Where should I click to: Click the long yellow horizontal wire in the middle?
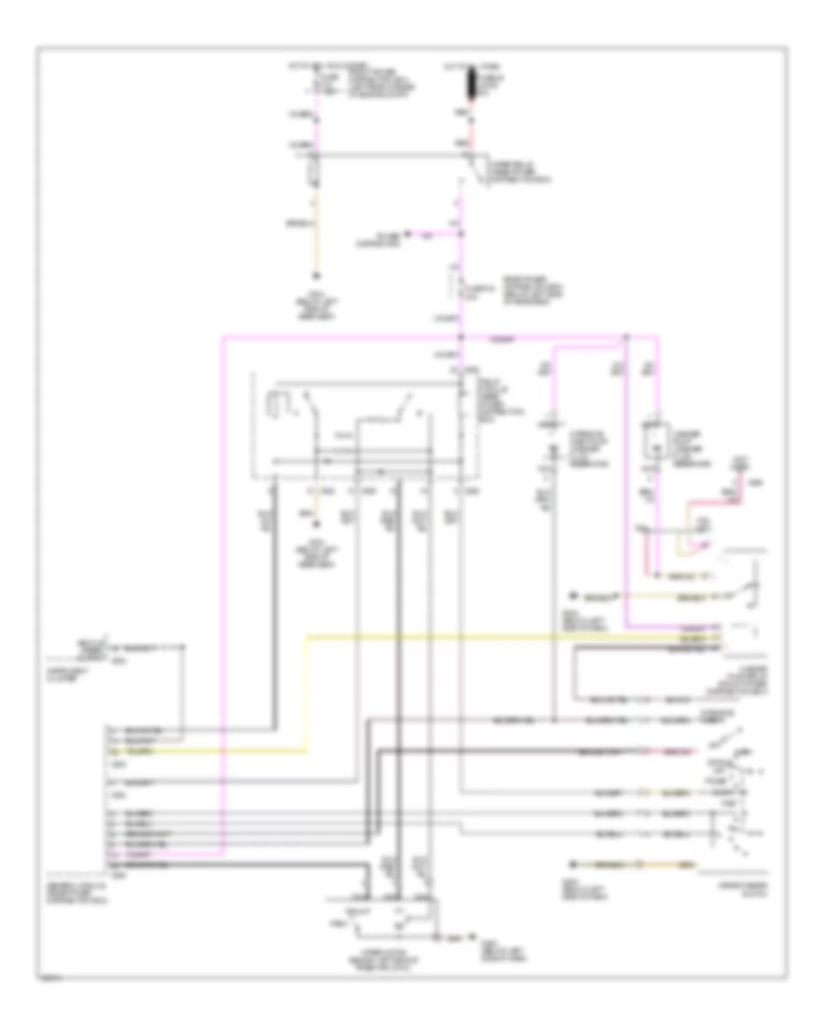[x=503, y=637]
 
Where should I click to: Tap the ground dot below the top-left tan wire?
[x=316, y=276]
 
